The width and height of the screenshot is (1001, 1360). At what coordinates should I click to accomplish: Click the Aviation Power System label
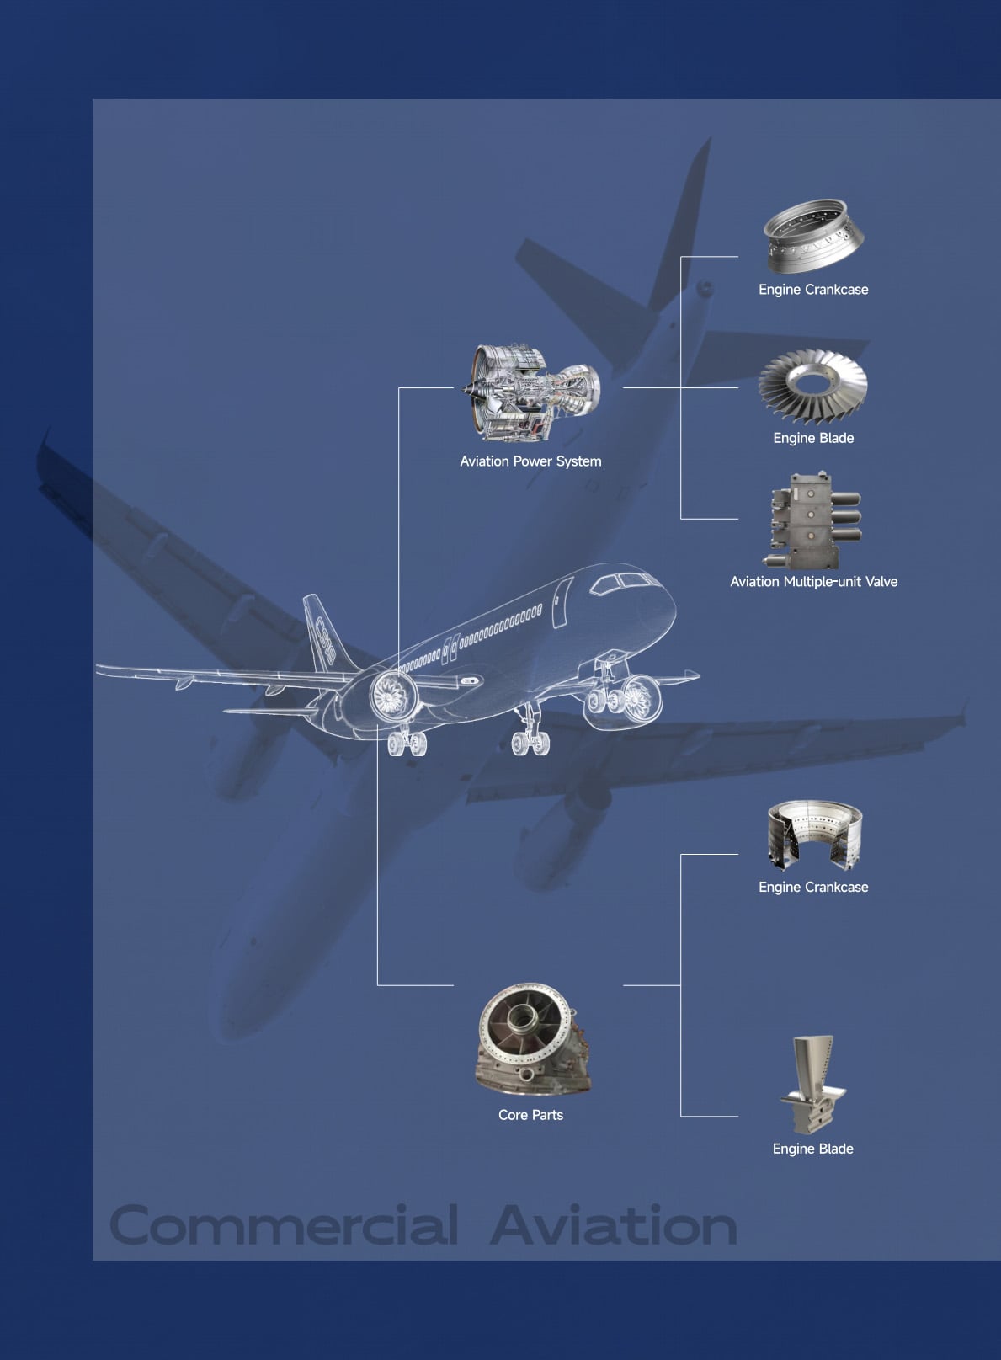pos(530,461)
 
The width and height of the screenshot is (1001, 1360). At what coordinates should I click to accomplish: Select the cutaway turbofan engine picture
pos(531,392)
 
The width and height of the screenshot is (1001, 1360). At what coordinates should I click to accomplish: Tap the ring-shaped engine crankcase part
pos(813,236)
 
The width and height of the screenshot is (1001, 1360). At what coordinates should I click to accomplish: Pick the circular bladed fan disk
pos(812,387)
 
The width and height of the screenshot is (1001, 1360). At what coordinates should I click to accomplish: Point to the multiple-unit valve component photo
pos(813,520)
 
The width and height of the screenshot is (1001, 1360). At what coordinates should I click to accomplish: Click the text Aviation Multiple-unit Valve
pos(813,582)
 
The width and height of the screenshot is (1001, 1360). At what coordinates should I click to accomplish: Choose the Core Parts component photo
pos(532,1039)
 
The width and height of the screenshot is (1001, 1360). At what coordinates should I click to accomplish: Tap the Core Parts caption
pos(530,1115)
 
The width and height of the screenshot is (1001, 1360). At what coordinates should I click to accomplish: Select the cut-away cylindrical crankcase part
pos(815,835)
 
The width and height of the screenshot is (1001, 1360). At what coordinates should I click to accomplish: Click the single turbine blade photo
pos(812,1085)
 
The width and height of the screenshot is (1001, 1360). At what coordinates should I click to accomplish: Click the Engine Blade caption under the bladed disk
pos(813,439)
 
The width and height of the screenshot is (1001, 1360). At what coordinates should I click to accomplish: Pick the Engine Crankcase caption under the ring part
pos(813,290)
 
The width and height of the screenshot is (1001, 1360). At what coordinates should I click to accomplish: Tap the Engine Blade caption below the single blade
pos(812,1149)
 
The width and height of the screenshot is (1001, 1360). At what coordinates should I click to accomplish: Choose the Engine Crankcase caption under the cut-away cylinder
pos(813,887)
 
